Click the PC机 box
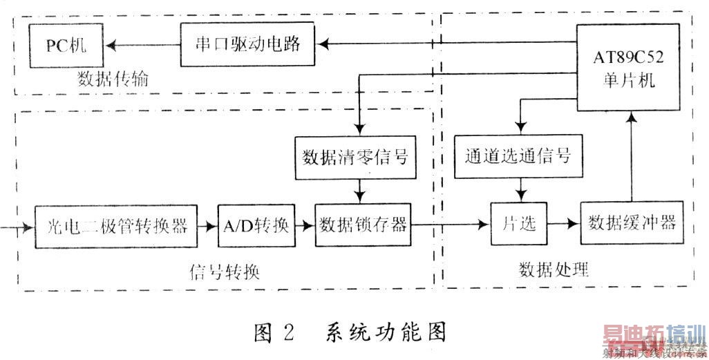click(64, 45)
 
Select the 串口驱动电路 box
click(247, 44)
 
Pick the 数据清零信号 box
click(355, 157)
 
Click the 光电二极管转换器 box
click(115, 225)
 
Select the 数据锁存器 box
click(363, 225)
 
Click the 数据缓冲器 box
click(632, 223)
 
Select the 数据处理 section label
click(554, 269)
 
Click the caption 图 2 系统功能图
click(348, 332)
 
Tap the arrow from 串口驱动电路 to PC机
click(141, 45)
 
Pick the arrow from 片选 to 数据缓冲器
click(563, 225)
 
